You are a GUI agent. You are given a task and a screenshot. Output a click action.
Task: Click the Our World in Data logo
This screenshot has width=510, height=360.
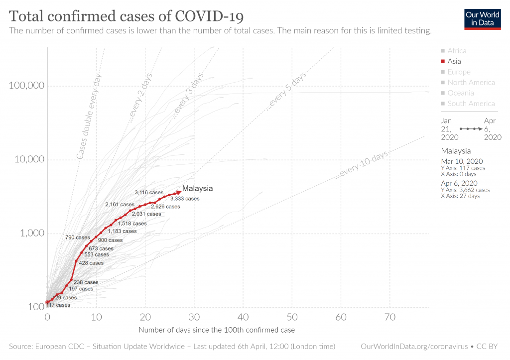pyautogui.click(x=482, y=18)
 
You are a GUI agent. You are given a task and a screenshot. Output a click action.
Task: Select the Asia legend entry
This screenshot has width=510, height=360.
pyautogui.click(x=454, y=61)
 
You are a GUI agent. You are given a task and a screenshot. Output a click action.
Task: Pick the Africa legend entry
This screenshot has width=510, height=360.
pyautogui.click(x=457, y=51)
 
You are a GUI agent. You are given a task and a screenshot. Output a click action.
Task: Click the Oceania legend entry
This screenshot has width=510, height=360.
pyautogui.click(x=461, y=93)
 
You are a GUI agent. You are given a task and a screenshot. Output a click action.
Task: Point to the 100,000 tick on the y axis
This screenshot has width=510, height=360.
pyautogui.click(x=27, y=86)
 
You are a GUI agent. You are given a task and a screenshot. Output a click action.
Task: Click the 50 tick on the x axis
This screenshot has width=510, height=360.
pyautogui.click(x=292, y=317)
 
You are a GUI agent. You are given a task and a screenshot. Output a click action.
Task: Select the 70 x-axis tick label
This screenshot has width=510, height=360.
pyautogui.click(x=390, y=317)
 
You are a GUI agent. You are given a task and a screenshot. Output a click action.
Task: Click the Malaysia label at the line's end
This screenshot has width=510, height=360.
pyautogui.click(x=197, y=188)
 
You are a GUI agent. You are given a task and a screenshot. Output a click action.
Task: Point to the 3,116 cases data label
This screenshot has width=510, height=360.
pyautogui.click(x=149, y=192)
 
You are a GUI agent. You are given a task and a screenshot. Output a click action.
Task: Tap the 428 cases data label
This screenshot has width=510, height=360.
pyautogui.click(x=91, y=263)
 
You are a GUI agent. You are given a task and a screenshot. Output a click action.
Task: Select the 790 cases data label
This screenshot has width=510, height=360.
pyautogui.click(x=78, y=238)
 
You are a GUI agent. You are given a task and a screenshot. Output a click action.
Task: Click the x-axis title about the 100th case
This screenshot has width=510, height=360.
pyautogui.click(x=217, y=330)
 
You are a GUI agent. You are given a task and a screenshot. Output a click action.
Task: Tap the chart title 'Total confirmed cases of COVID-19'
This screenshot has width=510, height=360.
pyautogui.click(x=127, y=16)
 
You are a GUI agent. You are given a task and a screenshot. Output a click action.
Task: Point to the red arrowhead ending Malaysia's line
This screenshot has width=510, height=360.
pyautogui.click(x=178, y=192)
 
